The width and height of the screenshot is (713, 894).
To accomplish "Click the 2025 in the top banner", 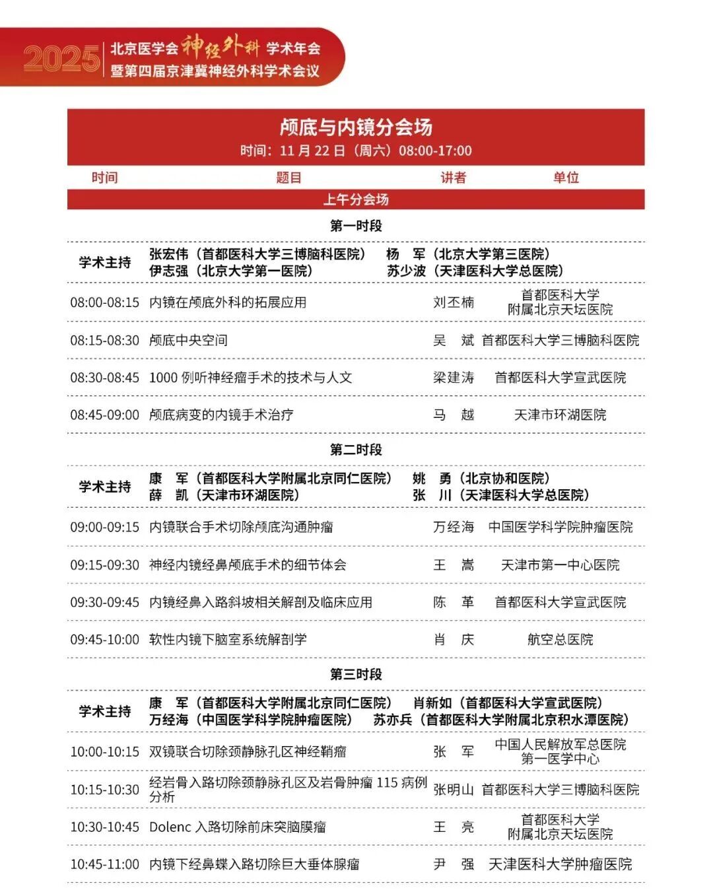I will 61,58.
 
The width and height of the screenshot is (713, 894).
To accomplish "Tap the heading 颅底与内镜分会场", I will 356,127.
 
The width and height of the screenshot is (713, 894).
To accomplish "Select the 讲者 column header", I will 454,177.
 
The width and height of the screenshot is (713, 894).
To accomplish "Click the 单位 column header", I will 566,177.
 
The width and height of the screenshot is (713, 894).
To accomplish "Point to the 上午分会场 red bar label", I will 356,199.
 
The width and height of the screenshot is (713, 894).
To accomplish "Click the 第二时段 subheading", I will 356,450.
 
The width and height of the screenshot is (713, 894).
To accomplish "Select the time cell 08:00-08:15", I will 105,302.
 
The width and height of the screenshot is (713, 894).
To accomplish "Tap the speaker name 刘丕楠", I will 454,302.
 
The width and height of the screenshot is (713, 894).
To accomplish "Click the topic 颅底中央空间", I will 188,340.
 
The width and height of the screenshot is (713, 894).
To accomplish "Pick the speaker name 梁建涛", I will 454,378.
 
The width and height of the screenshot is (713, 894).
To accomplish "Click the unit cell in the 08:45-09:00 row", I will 560,415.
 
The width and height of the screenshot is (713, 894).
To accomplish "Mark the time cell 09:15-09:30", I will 105,565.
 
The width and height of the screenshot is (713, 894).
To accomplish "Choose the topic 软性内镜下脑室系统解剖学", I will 228,639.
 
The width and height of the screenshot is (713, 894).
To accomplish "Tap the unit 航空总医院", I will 560,639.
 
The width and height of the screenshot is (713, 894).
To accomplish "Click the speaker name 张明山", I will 454,789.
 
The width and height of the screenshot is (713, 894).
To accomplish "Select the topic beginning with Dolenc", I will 238,827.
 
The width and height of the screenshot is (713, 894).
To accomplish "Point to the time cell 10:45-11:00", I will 105,864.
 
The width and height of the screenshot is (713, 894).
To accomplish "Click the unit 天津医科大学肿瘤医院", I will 560,864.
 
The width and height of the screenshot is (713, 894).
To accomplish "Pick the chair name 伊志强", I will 168,271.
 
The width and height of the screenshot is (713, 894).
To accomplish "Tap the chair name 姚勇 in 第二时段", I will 432,478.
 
